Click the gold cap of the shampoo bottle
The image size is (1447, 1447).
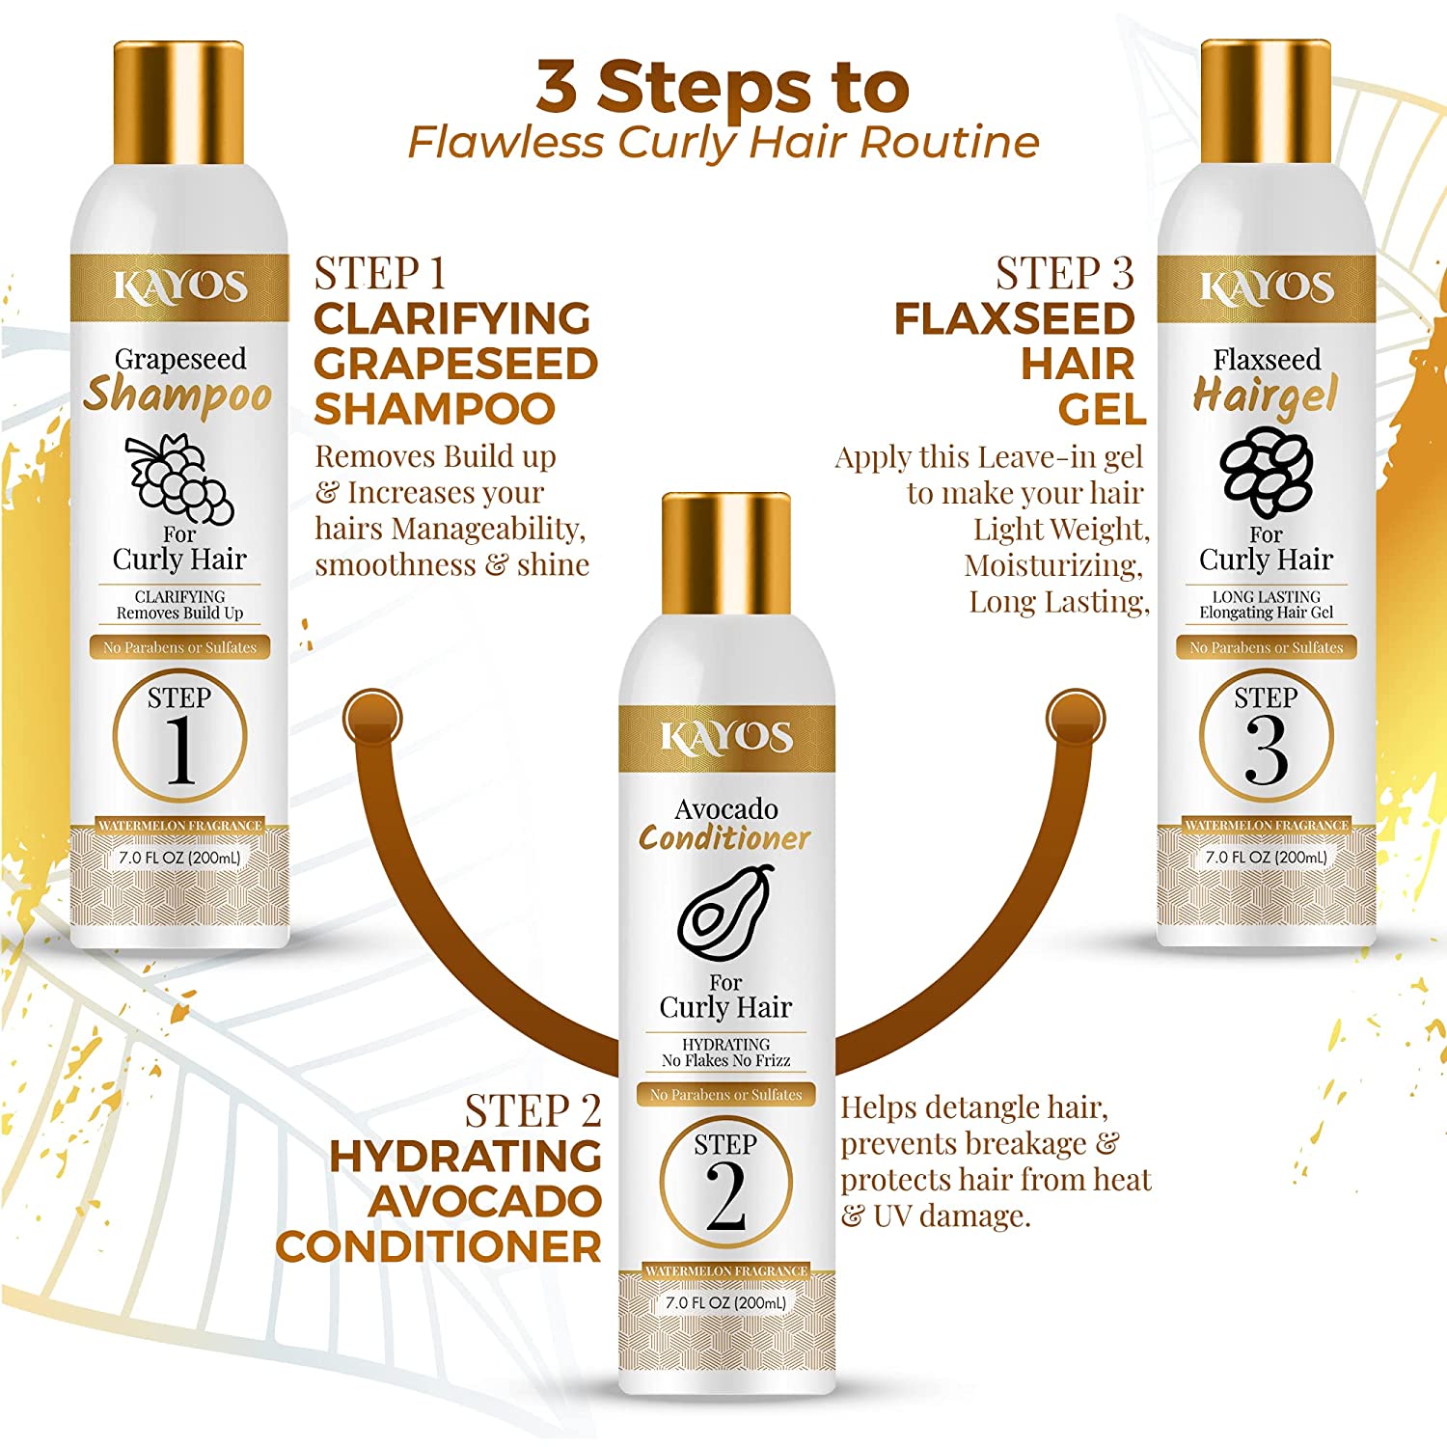(x=178, y=103)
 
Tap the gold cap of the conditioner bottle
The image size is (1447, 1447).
(x=725, y=553)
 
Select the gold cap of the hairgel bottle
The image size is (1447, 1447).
(x=1266, y=103)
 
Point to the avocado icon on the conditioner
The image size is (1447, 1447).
(x=725, y=913)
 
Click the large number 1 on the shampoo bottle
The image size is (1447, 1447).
(x=179, y=751)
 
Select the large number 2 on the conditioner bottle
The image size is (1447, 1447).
(x=725, y=1196)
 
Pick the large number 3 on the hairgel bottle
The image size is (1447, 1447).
(x=1267, y=751)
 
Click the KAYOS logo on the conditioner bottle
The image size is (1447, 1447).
(x=725, y=738)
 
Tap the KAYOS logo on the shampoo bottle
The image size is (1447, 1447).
(x=179, y=287)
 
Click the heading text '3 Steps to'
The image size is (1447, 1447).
(x=723, y=87)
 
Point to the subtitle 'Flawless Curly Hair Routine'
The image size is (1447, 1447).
(x=723, y=143)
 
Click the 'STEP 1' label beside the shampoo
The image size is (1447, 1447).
(x=380, y=274)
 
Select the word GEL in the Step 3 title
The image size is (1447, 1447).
(x=1102, y=410)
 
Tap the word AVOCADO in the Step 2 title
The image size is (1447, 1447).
(x=484, y=1201)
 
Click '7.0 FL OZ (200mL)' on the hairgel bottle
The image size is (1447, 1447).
(x=1266, y=857)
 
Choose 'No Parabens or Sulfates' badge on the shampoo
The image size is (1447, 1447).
(x=179, y=647)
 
